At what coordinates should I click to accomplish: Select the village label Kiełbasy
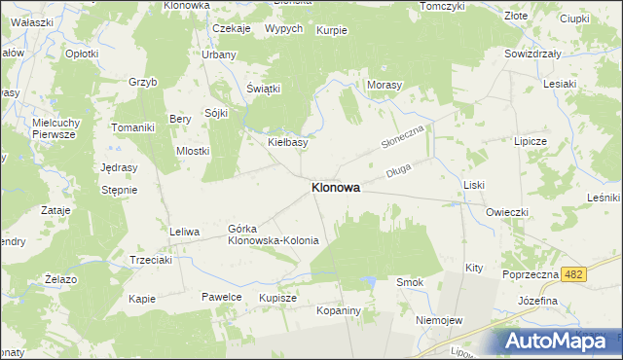click(287, 142)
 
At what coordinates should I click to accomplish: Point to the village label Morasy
click(385, 86)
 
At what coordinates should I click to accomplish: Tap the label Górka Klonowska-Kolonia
click(274, 234)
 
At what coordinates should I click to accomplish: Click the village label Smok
click(409, 282)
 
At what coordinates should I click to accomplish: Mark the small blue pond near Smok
click(369, 282)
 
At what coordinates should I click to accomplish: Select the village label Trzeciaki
click(152, 260)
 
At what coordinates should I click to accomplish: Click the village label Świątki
click(263, 89)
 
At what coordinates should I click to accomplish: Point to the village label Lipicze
click(533, 141)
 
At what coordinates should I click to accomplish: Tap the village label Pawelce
click(221, 296)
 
